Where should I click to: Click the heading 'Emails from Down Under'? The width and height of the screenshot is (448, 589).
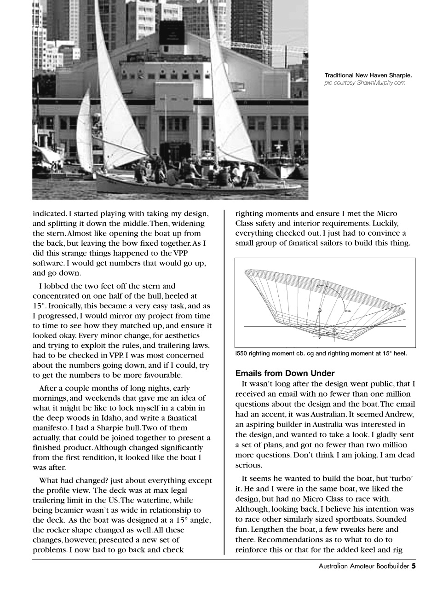click(x=285, y=373)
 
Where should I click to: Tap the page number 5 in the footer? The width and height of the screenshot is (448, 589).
click(x=414, y=566)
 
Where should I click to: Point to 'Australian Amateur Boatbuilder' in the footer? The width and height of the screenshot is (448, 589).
click(x=363, y=566)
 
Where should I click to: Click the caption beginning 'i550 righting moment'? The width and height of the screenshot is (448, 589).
click(x=321, y=354)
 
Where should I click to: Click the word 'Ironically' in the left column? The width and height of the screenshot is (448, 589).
click(x=63, y=306)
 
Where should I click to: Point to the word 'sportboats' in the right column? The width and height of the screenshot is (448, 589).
click(x=354, y=519)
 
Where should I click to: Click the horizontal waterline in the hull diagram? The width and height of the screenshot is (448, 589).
click(x=285, y=327)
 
